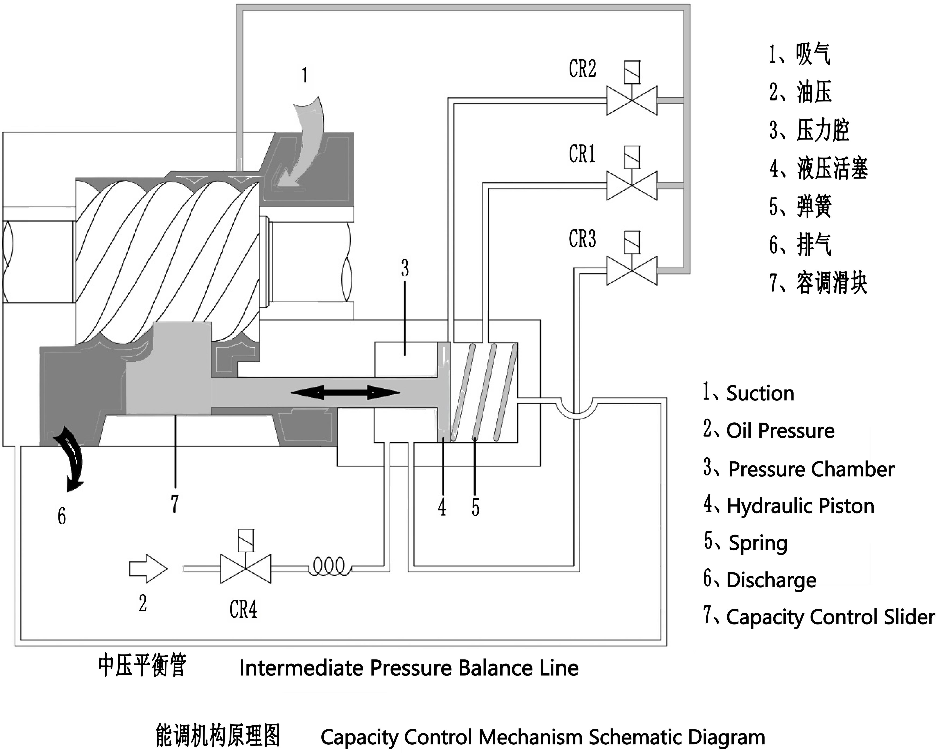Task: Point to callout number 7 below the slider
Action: coord(175,504)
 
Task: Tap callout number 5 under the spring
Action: coord(475,507)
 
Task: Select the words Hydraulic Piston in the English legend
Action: coord(801,506)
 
